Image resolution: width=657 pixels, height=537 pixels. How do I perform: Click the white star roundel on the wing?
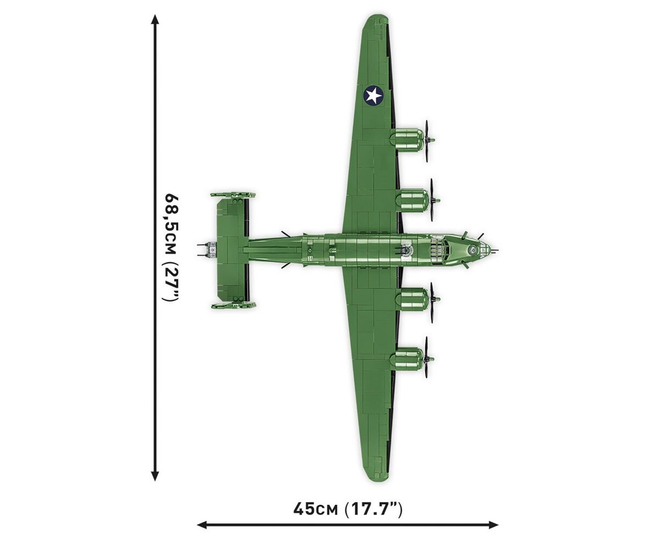point(373,95)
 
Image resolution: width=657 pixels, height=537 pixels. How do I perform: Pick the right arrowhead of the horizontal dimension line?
point(493,524)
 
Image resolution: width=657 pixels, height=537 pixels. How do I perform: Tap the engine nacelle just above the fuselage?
point(412,200)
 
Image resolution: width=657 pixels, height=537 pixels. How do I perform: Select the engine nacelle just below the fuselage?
point(412,299)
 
